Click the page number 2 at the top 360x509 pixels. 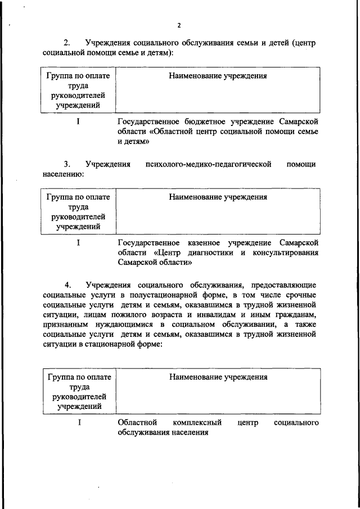tap(179, 25)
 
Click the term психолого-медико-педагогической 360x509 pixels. tap(208, 164)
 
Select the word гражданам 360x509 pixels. tap(294, 316)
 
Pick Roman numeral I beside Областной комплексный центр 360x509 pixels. tap(79, 422)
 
